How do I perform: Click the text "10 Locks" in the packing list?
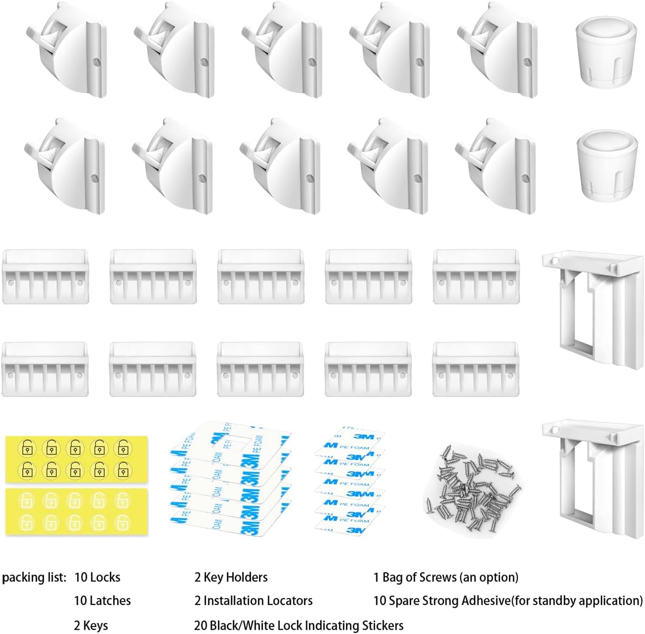coord(97,578)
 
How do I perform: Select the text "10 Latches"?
coord(102,601)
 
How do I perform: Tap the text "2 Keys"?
coord(91,625)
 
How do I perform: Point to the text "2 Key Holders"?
coord(231,578)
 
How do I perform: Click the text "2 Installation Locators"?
coord(253,601)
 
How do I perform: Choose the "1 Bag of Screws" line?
coord(446,578)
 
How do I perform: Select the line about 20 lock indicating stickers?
coord(299,625)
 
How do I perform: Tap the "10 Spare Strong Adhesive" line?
coord(508,601)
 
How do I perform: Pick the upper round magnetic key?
coord(607,52)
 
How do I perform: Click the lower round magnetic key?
coord(607,166)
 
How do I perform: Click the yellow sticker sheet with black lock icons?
coord(76,459)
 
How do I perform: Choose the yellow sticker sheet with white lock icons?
coord(76,512)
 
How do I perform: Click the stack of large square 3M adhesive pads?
coord(230,478)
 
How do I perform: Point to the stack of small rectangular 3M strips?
coord(349,479)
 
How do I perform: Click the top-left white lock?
coord(66,50)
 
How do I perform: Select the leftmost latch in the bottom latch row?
coord(45,369)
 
